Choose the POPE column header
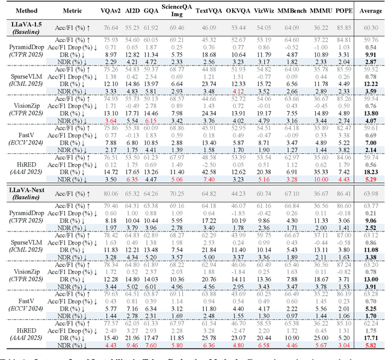pyautogui.click(x=344, y=11)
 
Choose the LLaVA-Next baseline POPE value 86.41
pyautogui.click(x=344, y=192)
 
